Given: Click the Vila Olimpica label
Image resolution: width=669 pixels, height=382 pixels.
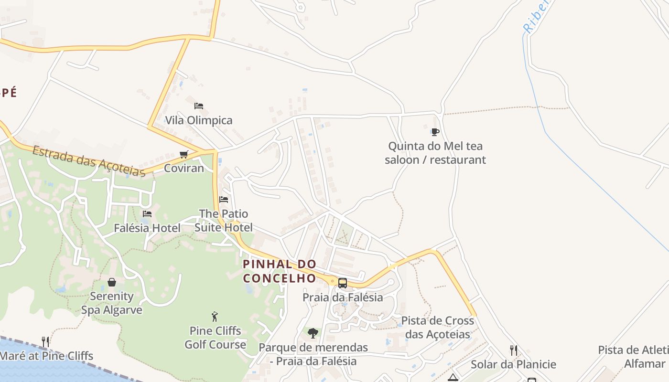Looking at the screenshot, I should coord(199,120).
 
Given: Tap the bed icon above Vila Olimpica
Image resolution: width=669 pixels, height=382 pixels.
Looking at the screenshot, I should coord(199,106).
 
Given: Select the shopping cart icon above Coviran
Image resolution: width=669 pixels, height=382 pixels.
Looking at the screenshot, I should coord(183,154).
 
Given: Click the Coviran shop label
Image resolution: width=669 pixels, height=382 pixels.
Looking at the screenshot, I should coord(183,168).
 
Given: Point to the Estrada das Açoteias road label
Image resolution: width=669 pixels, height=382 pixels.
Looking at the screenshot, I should coord(88,161).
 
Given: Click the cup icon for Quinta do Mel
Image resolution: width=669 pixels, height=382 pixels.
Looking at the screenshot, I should coord(435,132).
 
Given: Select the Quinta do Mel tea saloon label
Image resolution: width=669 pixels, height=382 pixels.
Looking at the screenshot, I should coord(435,153).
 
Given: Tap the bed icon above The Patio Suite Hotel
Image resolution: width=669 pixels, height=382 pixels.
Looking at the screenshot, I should coord(223,200).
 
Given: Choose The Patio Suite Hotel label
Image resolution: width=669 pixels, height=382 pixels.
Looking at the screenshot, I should coord(224,221).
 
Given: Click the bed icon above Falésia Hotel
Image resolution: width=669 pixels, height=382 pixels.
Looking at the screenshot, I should coord(147,214).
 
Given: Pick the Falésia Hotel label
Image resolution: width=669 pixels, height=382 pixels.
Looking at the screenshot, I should coord(147,228).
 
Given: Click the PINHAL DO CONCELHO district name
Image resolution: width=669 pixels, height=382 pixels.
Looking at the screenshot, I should coord(280,271).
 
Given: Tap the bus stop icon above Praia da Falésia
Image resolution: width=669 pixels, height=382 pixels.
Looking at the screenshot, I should coord(342,283).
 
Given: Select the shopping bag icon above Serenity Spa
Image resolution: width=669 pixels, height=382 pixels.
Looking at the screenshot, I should coord(112,282).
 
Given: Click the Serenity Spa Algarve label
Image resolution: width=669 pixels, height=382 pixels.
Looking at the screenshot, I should coord(112,303).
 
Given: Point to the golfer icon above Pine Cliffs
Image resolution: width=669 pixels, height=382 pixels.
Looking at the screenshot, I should coord(215,316).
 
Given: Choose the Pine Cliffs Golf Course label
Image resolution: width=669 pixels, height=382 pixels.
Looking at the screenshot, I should coord(216,338).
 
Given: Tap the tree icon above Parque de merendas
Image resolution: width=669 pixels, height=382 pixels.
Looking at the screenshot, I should coord(313,333).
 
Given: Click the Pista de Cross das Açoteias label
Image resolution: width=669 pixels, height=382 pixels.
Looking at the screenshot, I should coord(438,327).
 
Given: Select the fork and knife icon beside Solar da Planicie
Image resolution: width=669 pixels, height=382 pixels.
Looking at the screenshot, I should coord(514,350).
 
